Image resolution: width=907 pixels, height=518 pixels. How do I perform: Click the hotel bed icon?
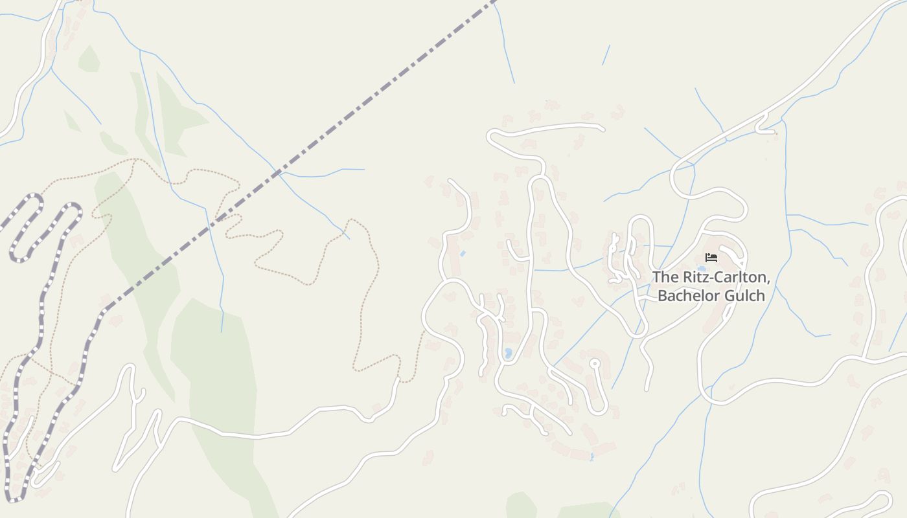coord(711,258)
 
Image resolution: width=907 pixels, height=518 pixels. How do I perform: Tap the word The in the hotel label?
coord(665,278)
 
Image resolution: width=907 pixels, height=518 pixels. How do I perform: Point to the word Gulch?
coord(745,296)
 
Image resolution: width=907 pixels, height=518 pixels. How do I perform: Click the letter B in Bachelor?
coord(662,296)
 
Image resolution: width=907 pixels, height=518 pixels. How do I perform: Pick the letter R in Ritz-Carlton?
coord(686,278)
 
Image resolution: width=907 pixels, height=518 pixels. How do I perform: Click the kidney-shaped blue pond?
coord(508,353)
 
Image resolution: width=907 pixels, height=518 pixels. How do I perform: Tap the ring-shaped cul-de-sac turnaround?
coord(594,363)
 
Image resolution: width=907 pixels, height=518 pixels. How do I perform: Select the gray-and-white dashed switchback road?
coord(45,272)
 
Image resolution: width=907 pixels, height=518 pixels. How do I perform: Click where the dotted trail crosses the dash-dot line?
coord(220,217)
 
